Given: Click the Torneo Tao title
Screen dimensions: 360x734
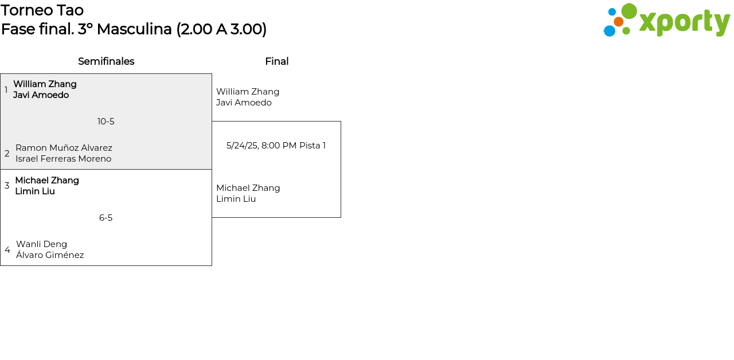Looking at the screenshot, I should point(42,10).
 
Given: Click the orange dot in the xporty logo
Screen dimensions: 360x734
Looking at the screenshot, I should point(618,22).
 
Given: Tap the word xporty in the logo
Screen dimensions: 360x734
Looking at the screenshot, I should point(684,22).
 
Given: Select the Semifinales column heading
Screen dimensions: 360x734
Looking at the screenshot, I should point(106,61).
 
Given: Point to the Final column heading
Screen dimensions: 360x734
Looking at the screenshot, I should point(276,61).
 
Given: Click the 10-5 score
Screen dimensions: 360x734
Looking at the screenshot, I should point(106,122).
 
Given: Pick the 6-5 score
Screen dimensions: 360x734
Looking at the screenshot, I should point(106,218).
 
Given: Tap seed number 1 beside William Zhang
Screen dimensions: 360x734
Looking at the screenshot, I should point(6,90).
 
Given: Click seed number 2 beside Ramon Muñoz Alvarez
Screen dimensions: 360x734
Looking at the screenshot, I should point(7,154).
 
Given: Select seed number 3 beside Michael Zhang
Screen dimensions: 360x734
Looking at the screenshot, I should point(7,186).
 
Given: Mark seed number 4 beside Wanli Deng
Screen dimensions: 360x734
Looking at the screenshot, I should point(7,250).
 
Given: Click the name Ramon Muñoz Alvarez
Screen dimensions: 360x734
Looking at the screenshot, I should point(64,148).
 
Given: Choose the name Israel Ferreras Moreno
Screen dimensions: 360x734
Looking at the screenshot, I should point(63,159).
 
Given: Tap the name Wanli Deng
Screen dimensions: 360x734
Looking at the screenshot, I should point(41,244).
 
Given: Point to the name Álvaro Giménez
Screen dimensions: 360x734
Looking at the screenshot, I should point(50,255).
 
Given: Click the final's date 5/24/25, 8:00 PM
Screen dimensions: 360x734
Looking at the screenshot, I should point(261,146).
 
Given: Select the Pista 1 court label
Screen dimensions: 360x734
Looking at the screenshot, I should point(313,146).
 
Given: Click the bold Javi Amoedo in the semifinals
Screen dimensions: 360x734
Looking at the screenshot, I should point(41,95).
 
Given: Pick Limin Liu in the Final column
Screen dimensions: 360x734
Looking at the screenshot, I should point(236,199).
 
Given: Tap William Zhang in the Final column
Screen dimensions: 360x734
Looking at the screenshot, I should point(248,92).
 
